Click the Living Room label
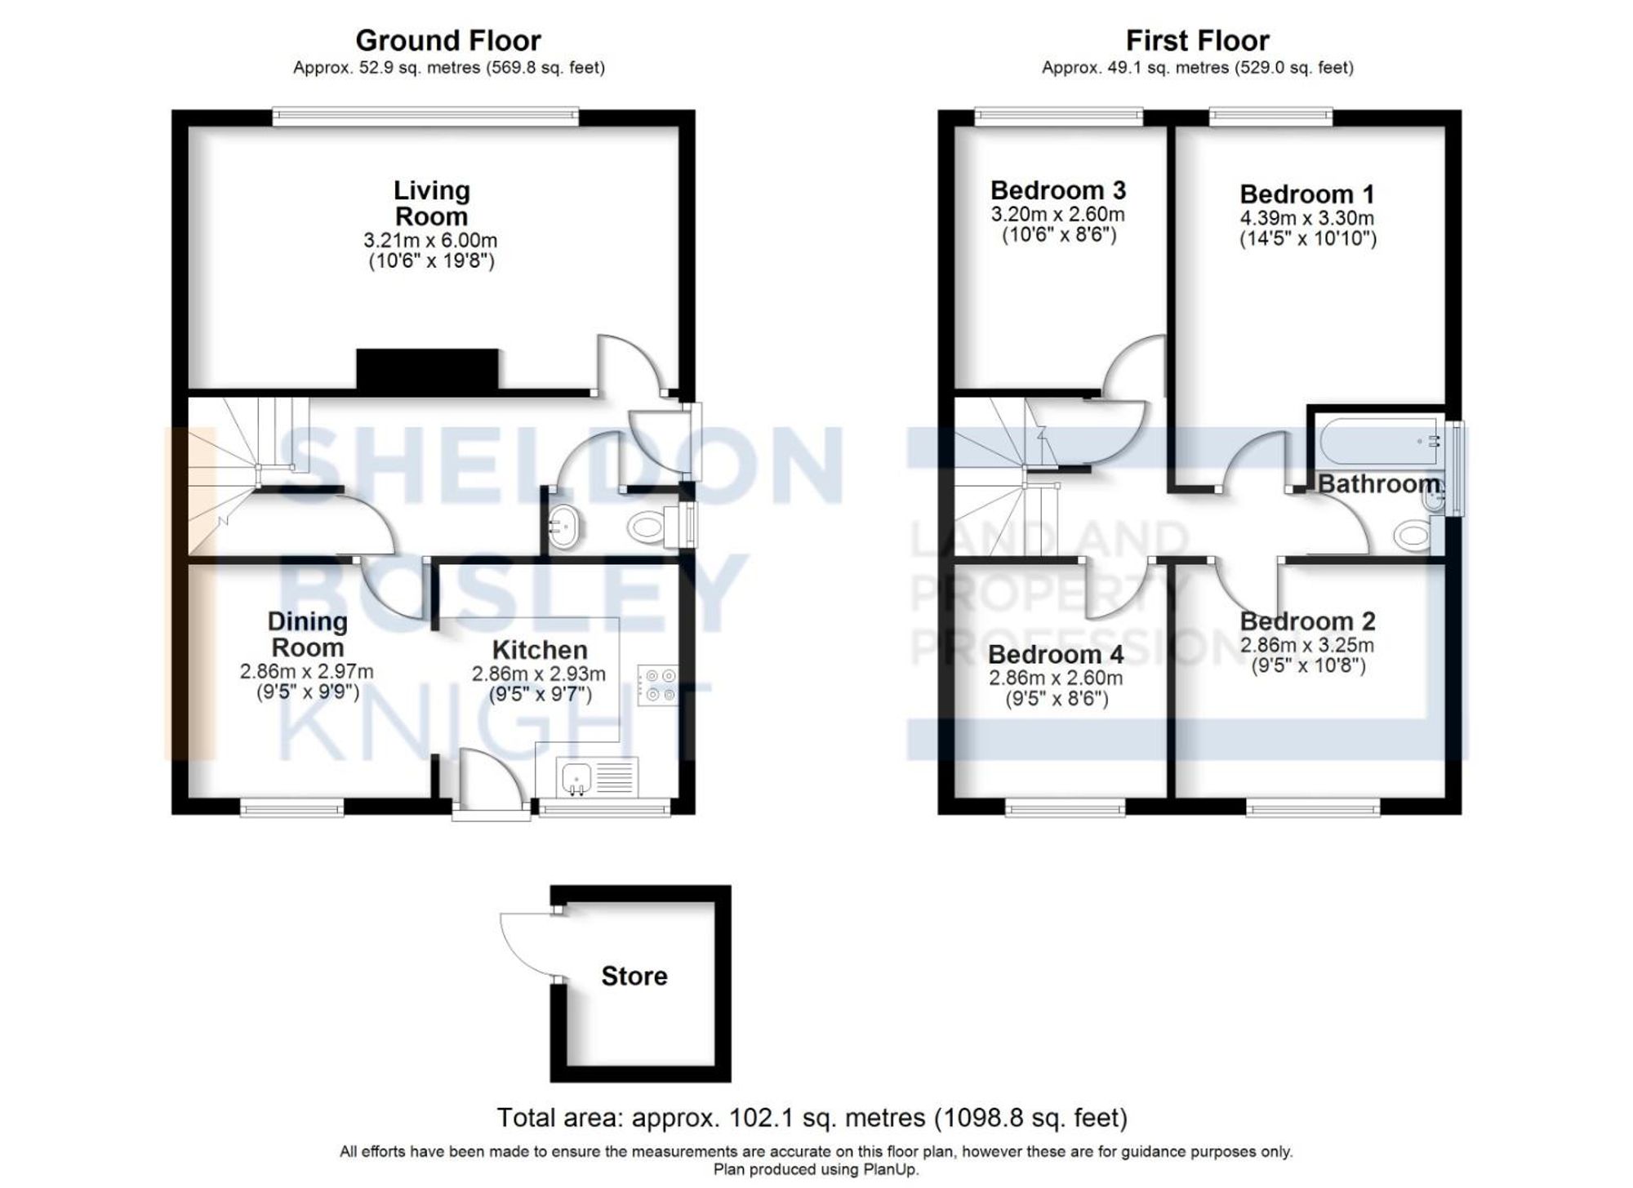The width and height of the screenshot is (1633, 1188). (x=431, y=203)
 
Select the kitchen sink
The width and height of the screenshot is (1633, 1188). (x=576, y=776)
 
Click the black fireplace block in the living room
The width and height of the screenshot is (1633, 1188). (x=427, y=368)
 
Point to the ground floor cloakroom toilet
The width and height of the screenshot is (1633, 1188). (x=647, y=527)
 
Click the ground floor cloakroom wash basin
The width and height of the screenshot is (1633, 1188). (x=563, y=527)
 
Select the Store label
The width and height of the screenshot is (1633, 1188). (x=634, y=976)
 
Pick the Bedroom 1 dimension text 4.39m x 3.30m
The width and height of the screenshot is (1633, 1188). (x=1306, y=219)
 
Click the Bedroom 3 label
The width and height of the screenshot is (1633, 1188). (x=1057, y=190)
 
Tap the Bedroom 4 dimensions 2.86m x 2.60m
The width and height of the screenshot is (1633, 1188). (x=1055, y=678)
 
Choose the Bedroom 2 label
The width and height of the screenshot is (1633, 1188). (x=1306, y=621)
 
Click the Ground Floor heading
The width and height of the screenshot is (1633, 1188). (x=447, y=40)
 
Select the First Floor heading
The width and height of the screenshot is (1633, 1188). (x=1197, y=40)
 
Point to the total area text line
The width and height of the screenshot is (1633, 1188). (x=812, y=1117)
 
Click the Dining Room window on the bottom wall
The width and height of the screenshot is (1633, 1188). (x=291, y=808)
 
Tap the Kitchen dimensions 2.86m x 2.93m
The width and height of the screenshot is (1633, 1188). (x=538, y=674)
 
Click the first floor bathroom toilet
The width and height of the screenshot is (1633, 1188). (x=1413, y=536)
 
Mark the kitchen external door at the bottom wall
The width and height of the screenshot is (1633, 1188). (x=491, y=812)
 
